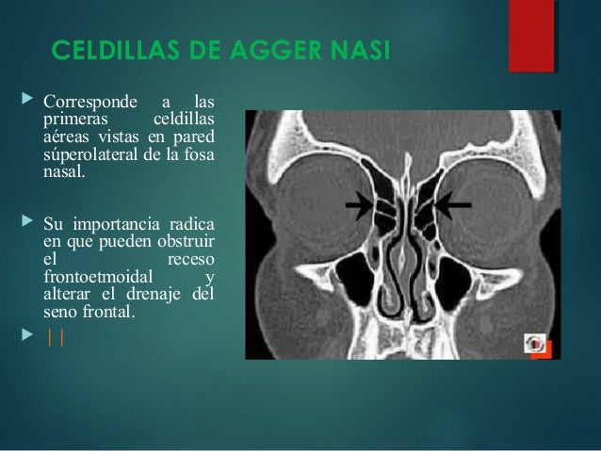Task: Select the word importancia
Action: coord(114,222)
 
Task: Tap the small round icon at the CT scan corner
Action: coord(536,344)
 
